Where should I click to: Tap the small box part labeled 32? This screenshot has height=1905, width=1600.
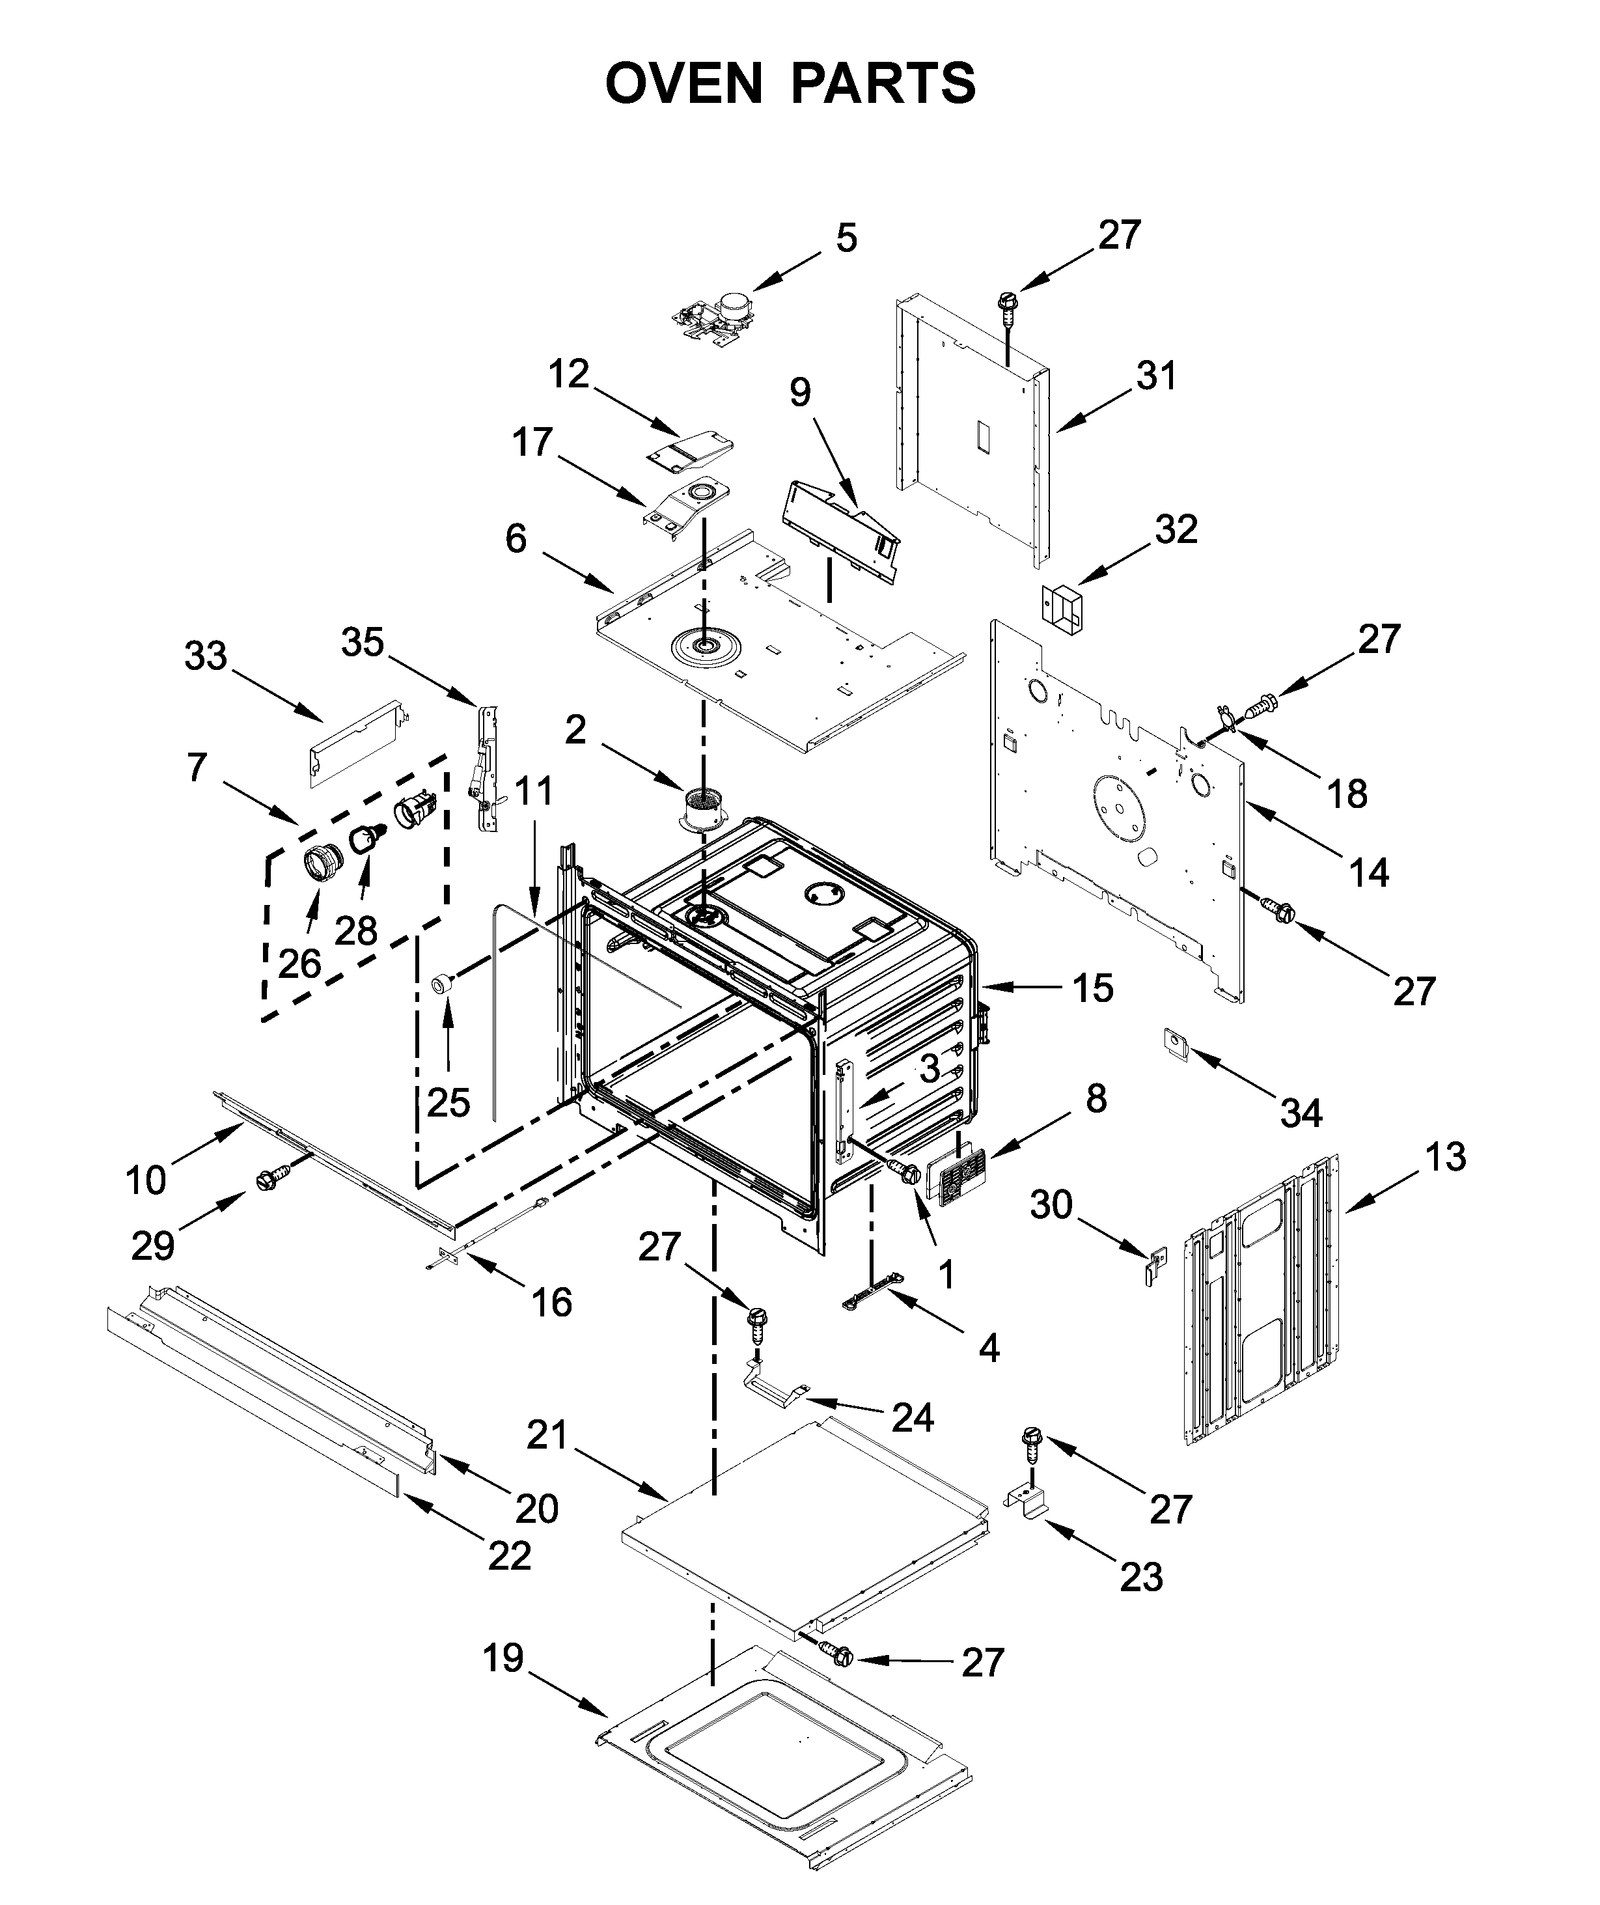[1061, 607]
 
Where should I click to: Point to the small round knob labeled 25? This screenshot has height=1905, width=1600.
[442, 982]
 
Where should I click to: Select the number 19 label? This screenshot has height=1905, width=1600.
[503, 1658]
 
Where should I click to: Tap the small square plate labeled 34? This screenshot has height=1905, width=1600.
[1176, 1043]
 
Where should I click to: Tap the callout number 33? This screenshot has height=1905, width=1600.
[206, 655]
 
